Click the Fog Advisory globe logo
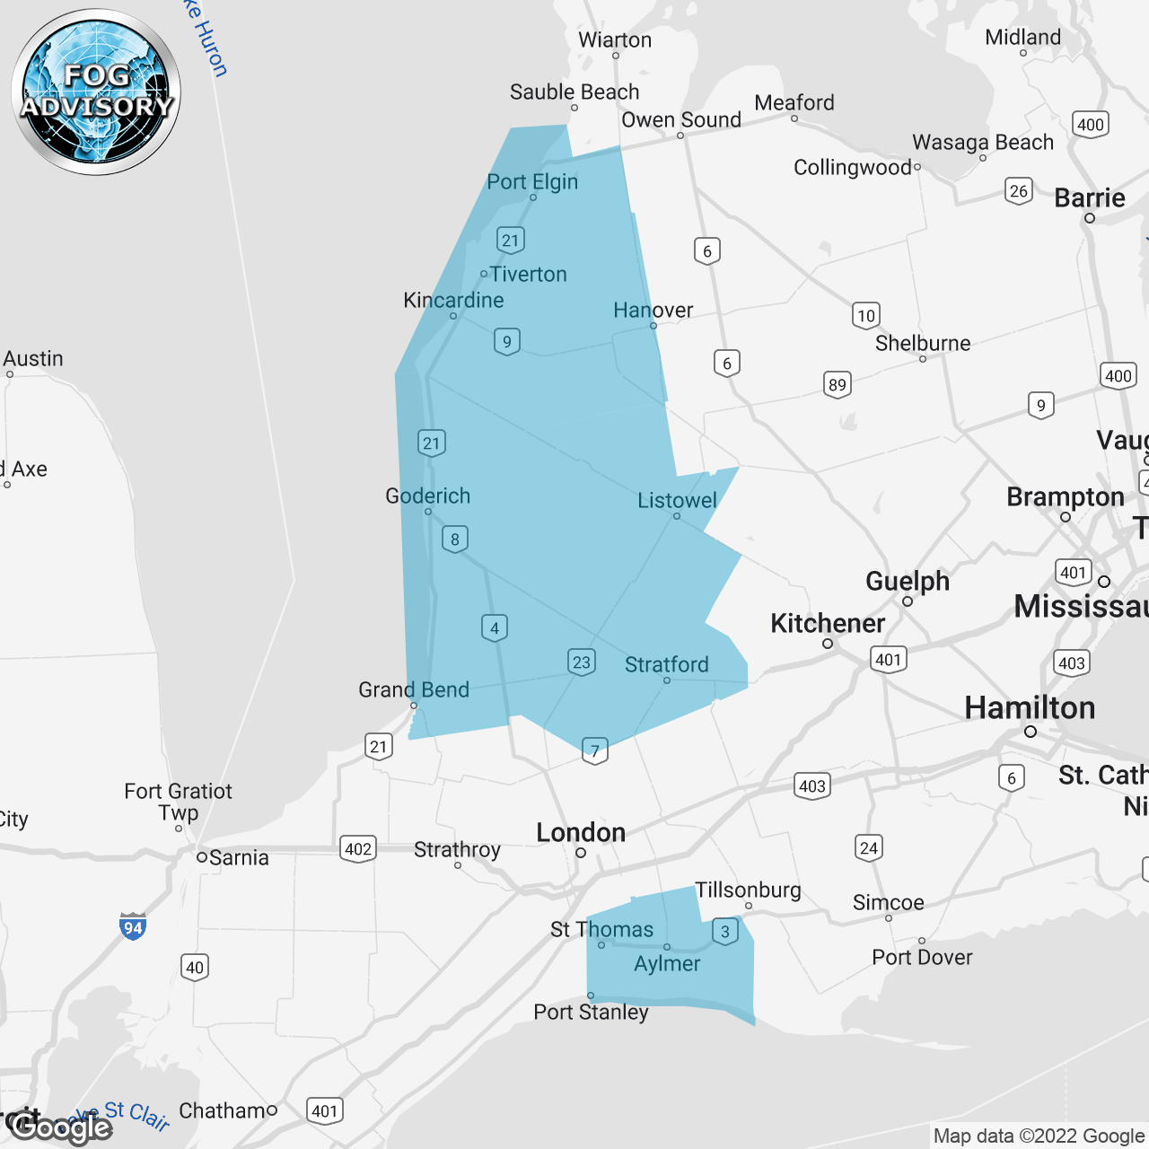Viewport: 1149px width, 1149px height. [96, 92]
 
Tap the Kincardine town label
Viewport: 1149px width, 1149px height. [453, 300]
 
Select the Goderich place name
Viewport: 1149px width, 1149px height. [427, 496]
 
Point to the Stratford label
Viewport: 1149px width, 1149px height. [666, 664]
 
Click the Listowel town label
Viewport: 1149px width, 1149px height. [677, 501]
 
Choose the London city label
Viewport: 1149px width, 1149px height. [581, 832]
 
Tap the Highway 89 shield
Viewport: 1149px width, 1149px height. [837, 385]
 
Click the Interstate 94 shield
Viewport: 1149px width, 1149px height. [133, 927]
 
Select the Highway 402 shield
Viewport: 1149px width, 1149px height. [358, 849]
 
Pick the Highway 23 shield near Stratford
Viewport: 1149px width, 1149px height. [582, 662]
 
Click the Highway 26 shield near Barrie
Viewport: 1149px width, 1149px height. [1018, 190]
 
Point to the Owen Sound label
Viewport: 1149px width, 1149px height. [681, 119]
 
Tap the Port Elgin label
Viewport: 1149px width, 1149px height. [532, 181]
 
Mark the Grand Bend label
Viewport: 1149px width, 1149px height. [414, 689]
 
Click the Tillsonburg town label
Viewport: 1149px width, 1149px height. [748, 890]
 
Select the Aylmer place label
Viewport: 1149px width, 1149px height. [667, 963]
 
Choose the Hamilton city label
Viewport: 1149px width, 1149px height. [1030, 707]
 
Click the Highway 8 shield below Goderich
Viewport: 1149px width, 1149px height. [455, 539]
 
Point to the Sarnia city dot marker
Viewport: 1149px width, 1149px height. [202, 857]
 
